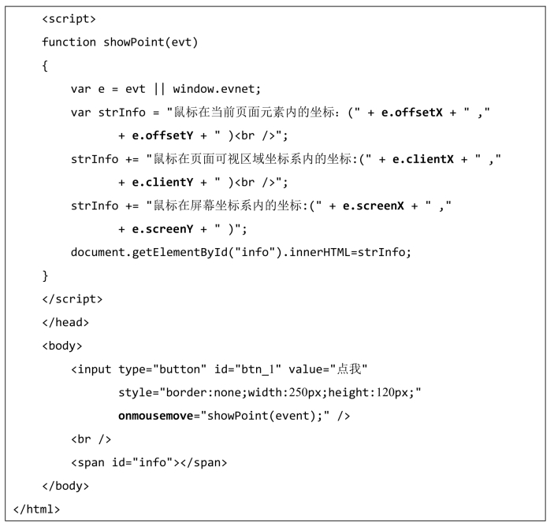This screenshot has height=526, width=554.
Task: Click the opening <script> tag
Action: click(x=69, y=18)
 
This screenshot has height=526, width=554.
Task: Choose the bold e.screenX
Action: click(x=372, y=206)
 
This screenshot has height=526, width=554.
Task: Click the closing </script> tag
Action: click(x=72, y=299)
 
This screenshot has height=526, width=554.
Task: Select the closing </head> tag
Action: click(x=65, y=322)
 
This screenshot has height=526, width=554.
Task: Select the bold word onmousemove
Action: click(x=155, y=416)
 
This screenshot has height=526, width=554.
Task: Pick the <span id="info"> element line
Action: click(x=149, y=462)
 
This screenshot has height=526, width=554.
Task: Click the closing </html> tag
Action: click(x=36, y=509)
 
